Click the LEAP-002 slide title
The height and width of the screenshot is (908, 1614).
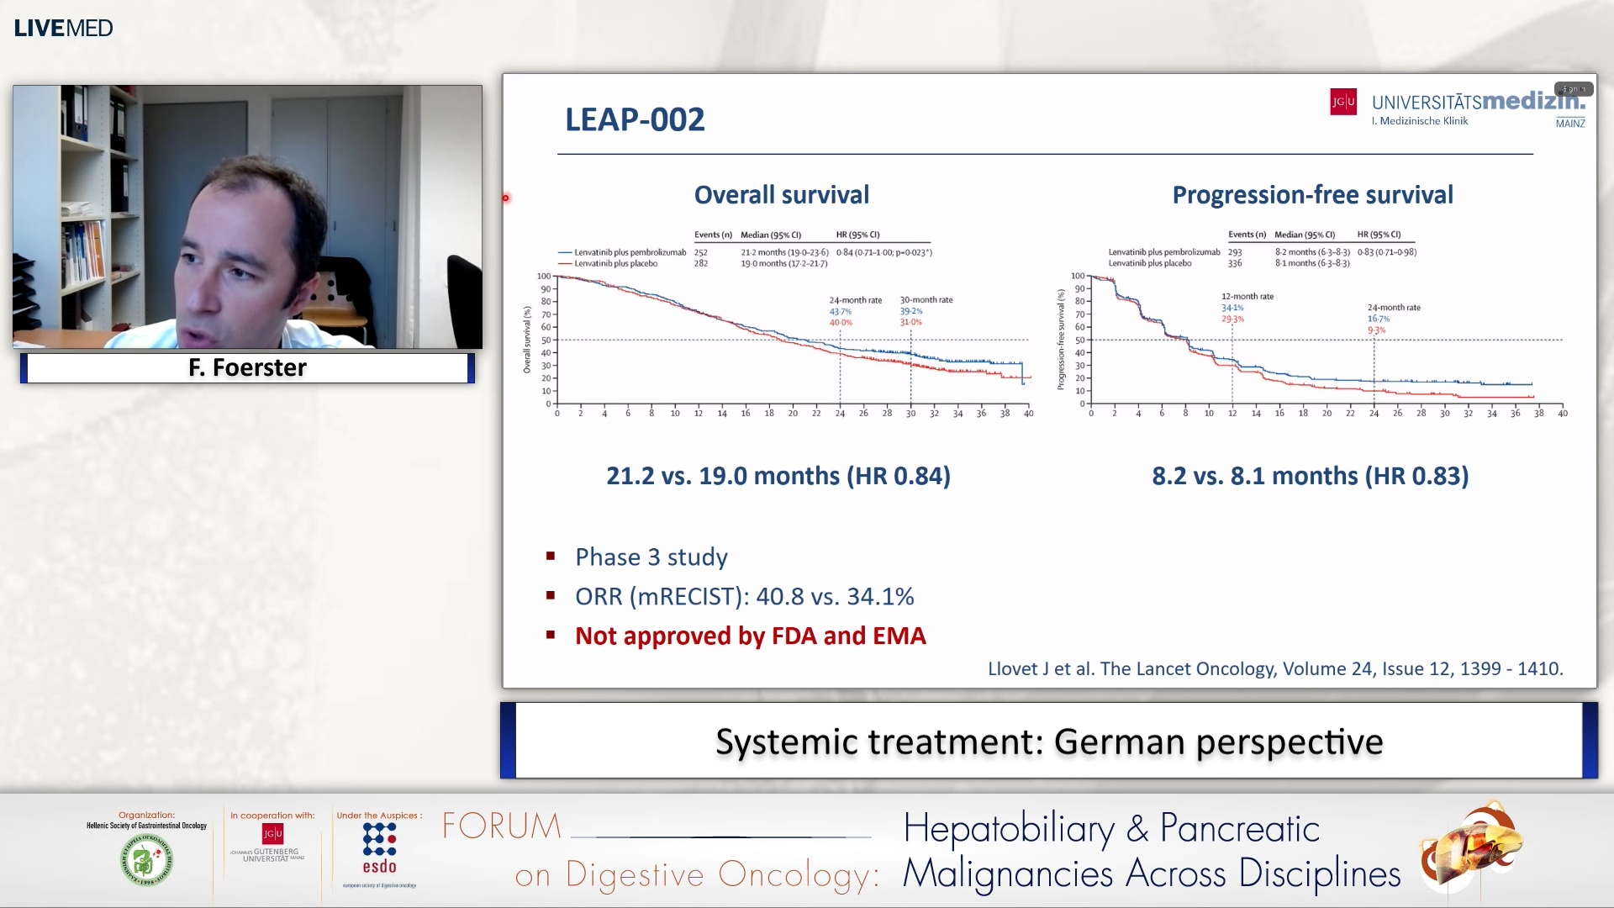(x=635, y=119)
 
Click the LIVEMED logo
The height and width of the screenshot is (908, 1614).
(x=63, y=28)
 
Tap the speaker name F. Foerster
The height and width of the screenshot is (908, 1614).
(x=247, y=367)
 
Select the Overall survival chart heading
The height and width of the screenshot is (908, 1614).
(x=781, y=195)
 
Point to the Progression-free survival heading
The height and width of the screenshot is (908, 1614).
(x=1312, y=195)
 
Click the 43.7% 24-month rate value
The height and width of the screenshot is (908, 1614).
(x=840, y=312)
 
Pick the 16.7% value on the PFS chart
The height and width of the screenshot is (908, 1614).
(x=1378, y=319)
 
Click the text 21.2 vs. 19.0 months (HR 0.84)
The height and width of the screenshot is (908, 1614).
(x=778, y=476)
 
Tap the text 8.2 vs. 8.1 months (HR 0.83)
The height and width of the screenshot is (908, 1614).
(x=1310, y=476)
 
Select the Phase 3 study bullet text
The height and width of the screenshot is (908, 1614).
(x=651, y=557)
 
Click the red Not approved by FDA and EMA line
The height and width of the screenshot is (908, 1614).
(x=750, y=636)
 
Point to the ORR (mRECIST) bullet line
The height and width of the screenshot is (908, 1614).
(x=744, y=596)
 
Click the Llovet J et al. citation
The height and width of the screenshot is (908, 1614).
(x=1274, y=668)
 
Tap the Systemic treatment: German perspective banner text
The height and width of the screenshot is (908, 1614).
(x=1048, y=742)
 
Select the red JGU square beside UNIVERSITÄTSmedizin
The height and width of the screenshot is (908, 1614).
(x=1342, y=102)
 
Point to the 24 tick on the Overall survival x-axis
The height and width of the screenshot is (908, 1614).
(x=840, y=414)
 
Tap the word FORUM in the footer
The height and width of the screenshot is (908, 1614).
(x=502, y=826)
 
